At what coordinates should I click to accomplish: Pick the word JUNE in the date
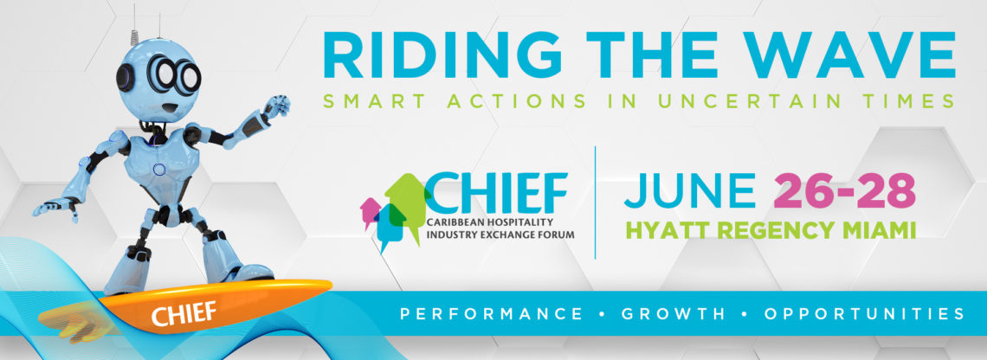(690, 191)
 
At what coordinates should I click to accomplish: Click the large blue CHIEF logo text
(497, 193)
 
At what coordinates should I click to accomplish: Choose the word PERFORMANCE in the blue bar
(492, 312)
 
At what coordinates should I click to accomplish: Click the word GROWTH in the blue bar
(674, 312)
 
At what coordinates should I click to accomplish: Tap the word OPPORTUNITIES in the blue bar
(864, 312)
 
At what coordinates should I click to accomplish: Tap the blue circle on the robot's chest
(159, 170)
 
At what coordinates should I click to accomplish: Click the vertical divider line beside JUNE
(595, 202)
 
